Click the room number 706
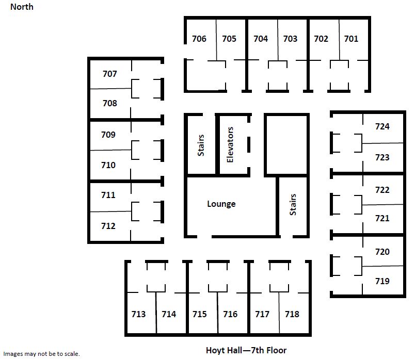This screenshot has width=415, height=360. click(x=199, y=39)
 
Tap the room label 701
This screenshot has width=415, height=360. click(x=351, y=39)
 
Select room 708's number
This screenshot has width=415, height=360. click(x=109, y=103)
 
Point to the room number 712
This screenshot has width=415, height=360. click(x=108, y=226)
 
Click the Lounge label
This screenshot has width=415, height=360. click(x=221, y=204)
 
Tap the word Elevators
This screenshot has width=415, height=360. click(x=230, y=145)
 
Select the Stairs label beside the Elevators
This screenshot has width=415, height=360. click(x=201, y=145)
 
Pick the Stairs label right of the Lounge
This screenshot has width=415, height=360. click(x=293, y=204)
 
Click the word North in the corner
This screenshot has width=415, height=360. click(x=22, y=7)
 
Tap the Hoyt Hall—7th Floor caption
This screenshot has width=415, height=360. click(x=246, y=350)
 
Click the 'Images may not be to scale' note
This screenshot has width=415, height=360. click(x=42, y=354)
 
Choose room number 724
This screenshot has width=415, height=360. click(x=382, y=126)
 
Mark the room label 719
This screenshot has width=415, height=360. click(x=382, y=281)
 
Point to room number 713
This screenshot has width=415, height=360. click(x=138, y=314)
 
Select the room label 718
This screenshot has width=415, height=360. click(x=292, y=314)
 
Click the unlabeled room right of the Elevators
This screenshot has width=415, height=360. click(x=286, y=145)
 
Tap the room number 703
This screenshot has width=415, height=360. click(x=290, y=39)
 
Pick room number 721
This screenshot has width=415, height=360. click(x=382, y=218)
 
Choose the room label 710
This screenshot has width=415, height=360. click(x=108, y=165)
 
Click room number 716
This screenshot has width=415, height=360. click(x=230, y=314)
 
